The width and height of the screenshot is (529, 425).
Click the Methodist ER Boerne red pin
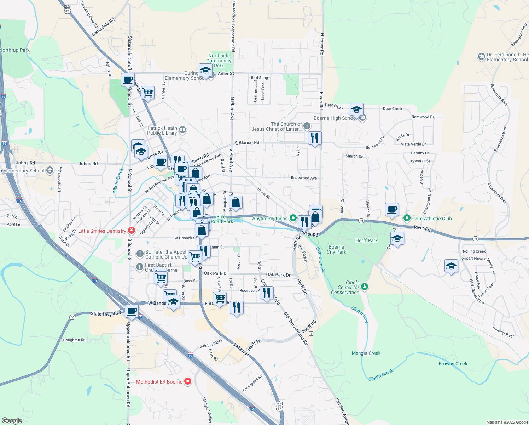tap(188, 381)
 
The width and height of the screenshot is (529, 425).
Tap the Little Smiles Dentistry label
tap(102, 231)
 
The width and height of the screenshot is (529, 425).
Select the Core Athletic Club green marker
tap(407, 219)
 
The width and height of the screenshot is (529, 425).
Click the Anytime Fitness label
tap(270, 219)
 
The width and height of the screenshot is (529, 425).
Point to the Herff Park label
tap(366, 240)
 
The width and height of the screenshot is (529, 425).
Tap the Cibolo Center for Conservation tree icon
tap(365, 287)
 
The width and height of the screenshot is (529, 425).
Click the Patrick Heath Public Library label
tap(162, 130)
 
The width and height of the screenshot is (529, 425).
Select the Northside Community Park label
tap(219, 61)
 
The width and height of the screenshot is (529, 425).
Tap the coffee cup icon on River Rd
tap(392, 209)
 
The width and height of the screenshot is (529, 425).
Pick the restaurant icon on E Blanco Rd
tap(315, 137)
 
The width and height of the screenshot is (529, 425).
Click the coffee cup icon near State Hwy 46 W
tap(132, 311)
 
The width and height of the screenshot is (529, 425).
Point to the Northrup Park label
tap(15, 50)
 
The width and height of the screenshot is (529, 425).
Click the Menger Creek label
tap(366, 353)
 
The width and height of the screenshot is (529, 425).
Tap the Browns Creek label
tap(453, 364)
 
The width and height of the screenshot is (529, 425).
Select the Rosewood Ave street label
tap(304, 178)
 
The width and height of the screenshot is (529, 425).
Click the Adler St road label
tap(226, 73)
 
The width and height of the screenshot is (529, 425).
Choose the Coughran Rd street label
tap(74, 340)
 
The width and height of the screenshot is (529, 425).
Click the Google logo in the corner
tap(12, 421)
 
